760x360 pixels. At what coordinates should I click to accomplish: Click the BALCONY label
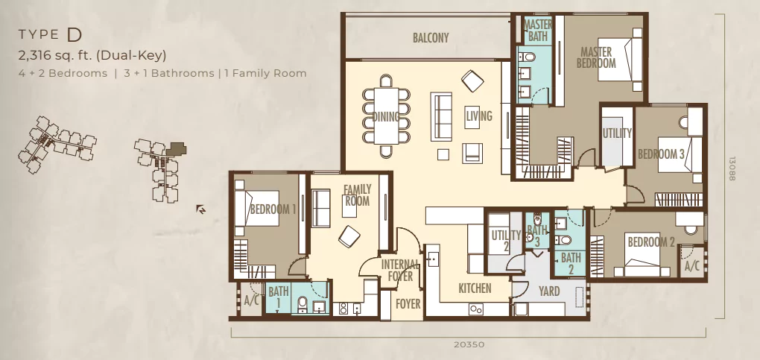431,37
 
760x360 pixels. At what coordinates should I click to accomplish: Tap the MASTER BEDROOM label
596,57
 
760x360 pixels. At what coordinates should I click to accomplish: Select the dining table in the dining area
386,116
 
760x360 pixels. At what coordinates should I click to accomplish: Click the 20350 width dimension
469,344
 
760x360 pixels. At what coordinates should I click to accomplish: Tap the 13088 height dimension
732,168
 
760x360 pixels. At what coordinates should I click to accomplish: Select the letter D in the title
75,34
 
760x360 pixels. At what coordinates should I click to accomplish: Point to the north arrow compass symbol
200,209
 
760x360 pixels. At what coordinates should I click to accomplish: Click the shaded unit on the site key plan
177,148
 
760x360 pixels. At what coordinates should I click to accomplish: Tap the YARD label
549,291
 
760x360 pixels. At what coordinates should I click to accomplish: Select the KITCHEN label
475,288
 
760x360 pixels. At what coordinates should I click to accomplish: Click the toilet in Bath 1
303,305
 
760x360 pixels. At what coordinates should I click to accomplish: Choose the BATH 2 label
571,263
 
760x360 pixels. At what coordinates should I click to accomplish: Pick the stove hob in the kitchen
475,309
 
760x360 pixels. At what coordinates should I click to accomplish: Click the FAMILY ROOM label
357,195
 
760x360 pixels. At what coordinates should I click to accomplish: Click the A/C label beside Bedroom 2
692,266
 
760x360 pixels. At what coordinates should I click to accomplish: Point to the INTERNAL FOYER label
400,271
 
